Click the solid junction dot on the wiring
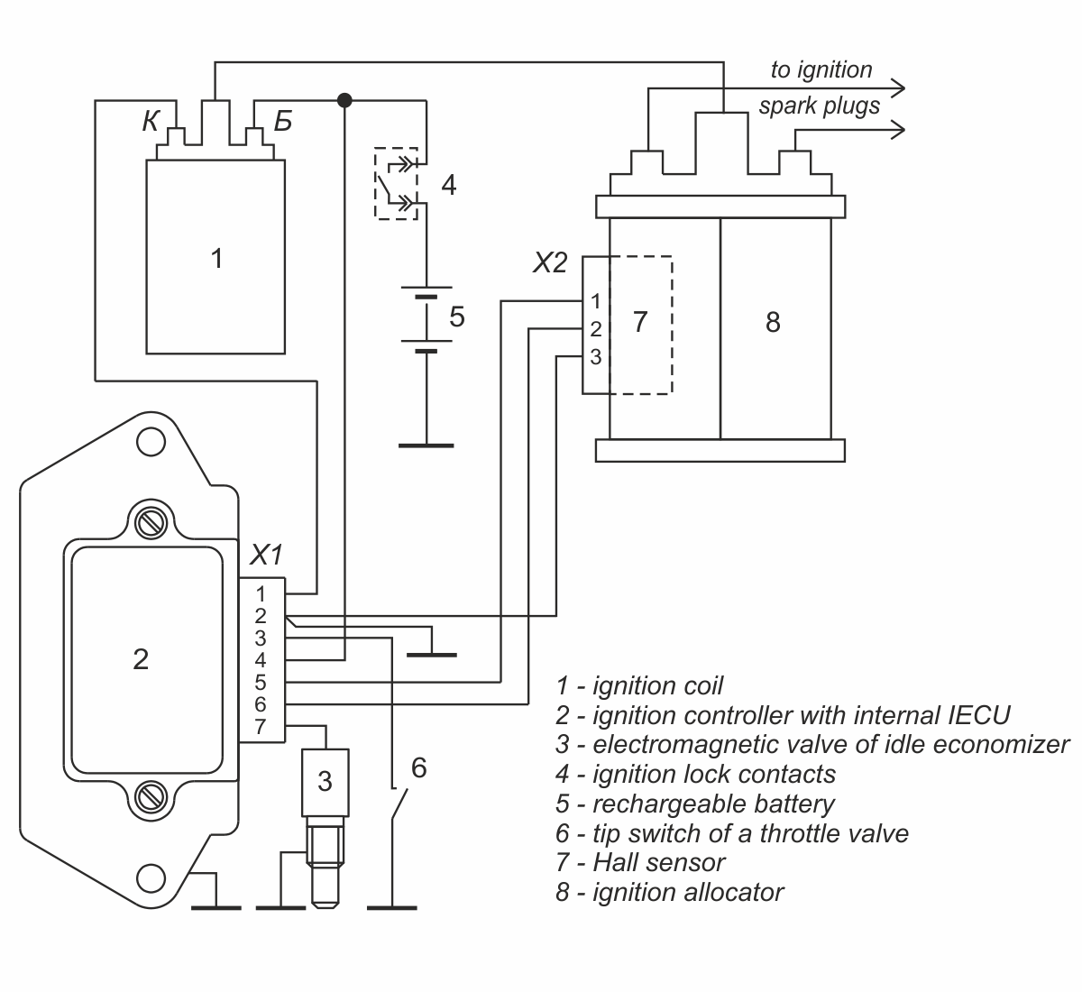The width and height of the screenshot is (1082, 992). (344, 100)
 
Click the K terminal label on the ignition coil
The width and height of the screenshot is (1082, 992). (151, 121)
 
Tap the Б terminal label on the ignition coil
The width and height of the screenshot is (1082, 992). (283, 122)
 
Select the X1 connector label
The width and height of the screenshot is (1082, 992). (266, 555)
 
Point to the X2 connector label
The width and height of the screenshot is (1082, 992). (550, 262)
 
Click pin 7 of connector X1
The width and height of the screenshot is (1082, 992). (261, 727)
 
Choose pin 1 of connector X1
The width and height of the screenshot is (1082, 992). (261, 594)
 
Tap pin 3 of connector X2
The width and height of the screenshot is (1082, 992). (595, 357)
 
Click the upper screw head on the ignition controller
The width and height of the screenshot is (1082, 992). (151, 522)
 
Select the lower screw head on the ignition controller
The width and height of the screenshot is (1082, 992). (151, 796)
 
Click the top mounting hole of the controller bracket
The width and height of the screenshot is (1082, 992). (151, 442)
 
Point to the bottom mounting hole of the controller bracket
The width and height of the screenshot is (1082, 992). (151, 878)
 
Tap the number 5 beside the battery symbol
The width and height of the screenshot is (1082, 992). (457, 317)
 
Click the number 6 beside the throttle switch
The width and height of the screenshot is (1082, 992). (419, 768)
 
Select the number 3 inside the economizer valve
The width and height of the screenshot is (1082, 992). (325, 782)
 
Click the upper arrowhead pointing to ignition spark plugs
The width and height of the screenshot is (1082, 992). (898, 88)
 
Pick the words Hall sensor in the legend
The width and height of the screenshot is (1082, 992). (658, 862)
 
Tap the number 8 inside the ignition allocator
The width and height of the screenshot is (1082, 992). (773, 322)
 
